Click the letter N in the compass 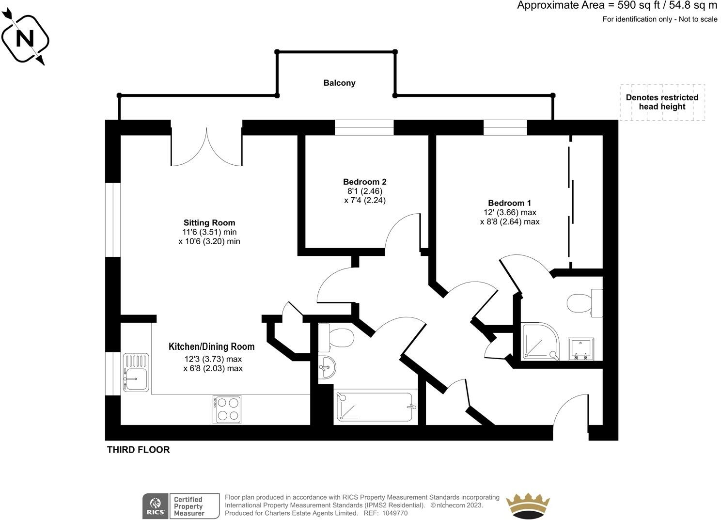pos(25,39)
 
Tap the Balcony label pos(339,83)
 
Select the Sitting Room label pos(209,223)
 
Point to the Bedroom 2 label pos(365,182)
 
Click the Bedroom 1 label pos(510,203)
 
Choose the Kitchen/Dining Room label pos(211,347)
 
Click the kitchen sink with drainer pos(136,372)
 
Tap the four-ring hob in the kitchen pos(227,410)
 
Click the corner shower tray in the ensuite pos(540,341)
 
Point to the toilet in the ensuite pos(584,303)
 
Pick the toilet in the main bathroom pos(336,338)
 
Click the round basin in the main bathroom pos(327,367)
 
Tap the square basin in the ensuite pos(581,349)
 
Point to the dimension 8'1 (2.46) pos(365,191)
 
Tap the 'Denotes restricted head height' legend pos(662,102)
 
